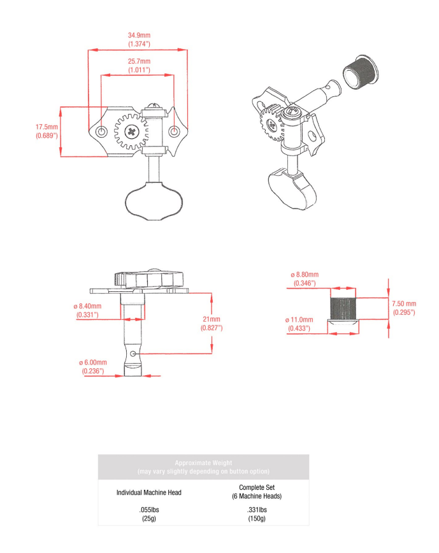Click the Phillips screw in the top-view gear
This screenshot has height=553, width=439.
click(x=133, y=133)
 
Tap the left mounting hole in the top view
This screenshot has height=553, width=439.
click(x=101, y=131)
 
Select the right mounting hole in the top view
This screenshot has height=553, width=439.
click(x=175, y=131)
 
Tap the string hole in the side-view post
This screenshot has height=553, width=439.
click(x=133, y=352)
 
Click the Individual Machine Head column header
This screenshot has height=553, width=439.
click(x=150, y=493)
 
